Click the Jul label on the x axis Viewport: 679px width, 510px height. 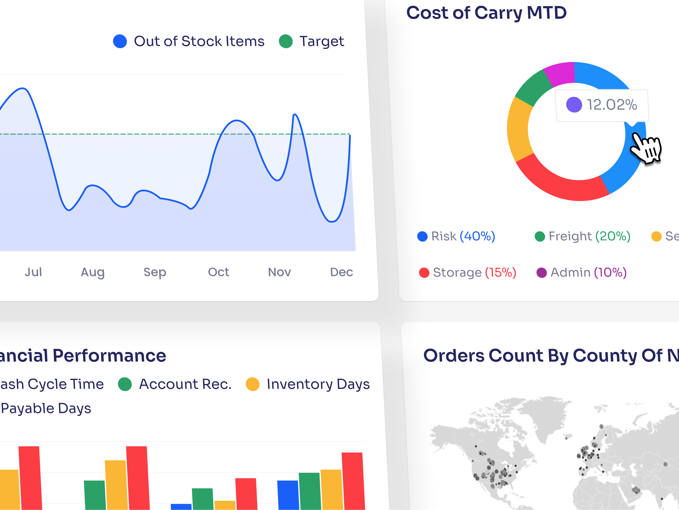coord(33,272)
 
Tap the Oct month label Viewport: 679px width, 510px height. coord(218,272)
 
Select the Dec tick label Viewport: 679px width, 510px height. coord(341,272)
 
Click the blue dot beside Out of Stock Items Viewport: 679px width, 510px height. coord(120,41)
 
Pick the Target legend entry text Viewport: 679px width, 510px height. coord(321,41)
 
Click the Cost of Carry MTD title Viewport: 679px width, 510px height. coord(486,13)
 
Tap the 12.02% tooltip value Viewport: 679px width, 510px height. coord(612,105)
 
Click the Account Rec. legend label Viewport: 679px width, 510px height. coord(185,384)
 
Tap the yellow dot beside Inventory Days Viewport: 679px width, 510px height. coord(253,384)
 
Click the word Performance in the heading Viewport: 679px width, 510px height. coord(109,356)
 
